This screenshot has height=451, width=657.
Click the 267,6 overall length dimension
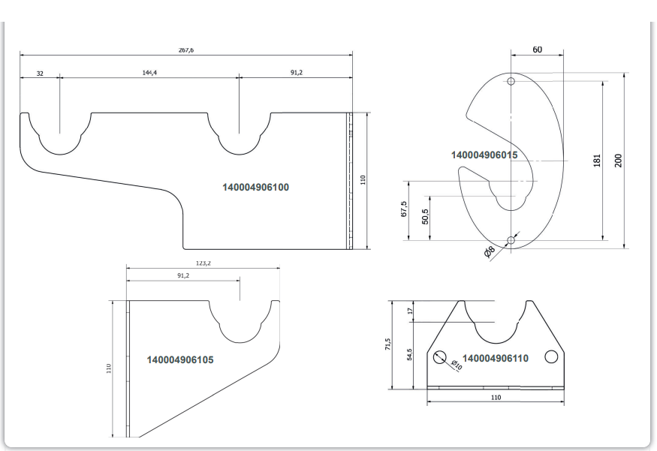click(186, 50)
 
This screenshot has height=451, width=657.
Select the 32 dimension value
click(40, 74)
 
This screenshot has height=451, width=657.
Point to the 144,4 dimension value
click(149, 73)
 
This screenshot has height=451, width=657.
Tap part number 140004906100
click(255, 187)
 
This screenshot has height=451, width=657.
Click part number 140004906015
click(484, 155)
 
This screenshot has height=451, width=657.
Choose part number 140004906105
click(180, 359)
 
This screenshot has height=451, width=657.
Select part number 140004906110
click(496, 358)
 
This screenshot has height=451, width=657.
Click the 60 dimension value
click(537, 50)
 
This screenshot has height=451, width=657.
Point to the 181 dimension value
click(597, 161)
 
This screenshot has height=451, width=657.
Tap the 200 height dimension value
click(618, 161)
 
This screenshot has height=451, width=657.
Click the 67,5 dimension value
click(403, 209)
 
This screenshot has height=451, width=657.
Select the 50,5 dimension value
click(425, 217)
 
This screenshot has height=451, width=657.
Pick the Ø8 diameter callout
click(490, 251)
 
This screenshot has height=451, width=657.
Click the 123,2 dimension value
click(203, 263)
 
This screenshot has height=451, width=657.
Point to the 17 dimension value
click(410, 311)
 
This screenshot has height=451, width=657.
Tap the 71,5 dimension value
click(388, 344)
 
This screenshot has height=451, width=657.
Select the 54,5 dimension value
click(409, 354)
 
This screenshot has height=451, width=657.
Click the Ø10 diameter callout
click(457, 365)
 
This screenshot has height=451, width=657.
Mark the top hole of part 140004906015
click(511, 81)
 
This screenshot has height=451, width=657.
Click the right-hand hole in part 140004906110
click(551, 356)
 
